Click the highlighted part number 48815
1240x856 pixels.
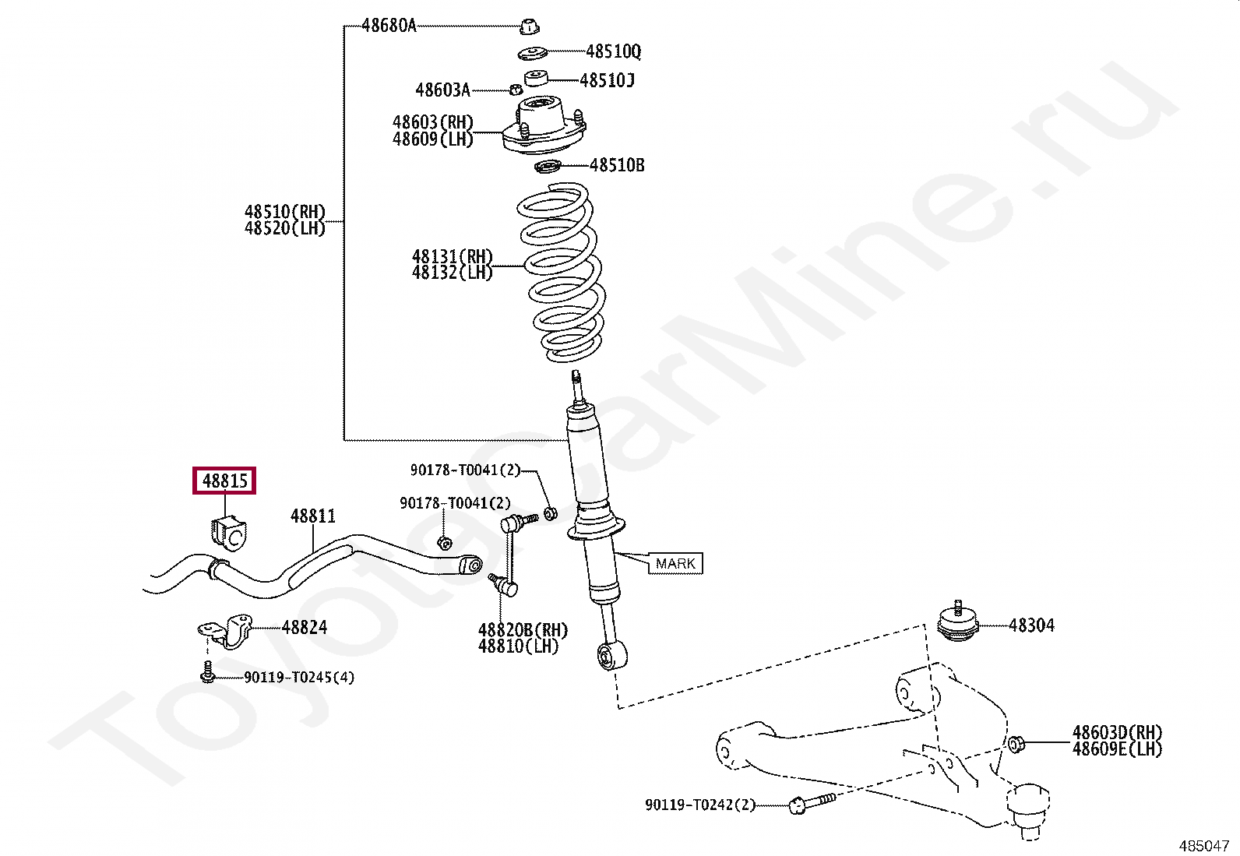(x=224, y=481)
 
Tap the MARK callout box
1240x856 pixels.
(x=675, y=563)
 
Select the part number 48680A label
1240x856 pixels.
(x=389, y=26)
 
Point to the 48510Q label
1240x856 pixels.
(x=613, y=51)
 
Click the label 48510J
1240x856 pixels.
(x=607, y=80)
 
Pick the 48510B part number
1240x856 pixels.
(x=617, y=165)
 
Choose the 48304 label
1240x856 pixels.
(x=1031, y=625)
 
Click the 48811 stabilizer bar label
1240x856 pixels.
(x=313, y=516)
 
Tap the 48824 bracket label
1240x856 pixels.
(x=305, y=627)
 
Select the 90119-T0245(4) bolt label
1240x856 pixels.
(x=299, y=678)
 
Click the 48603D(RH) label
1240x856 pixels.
(x=1117, y=732)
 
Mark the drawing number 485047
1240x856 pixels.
(x=1203, y=845)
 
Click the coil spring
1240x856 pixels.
(x=561, y=273)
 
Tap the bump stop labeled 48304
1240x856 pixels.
(x=958, y=623)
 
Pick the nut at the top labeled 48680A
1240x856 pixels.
(x=530, y=26)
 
